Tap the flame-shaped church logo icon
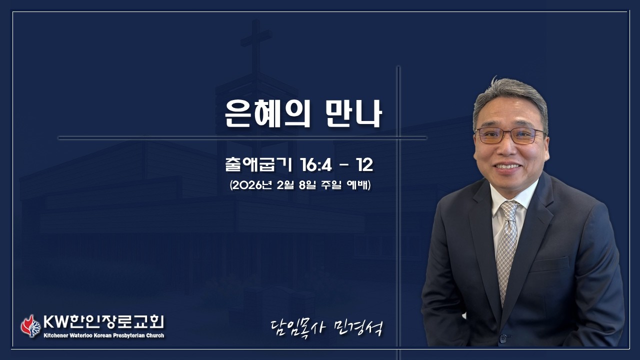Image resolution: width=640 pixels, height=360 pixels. [x=30, y=326]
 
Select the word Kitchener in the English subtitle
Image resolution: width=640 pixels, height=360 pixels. [x=57, y=335]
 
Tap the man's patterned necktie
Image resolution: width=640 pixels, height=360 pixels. [x=507, y=245]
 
